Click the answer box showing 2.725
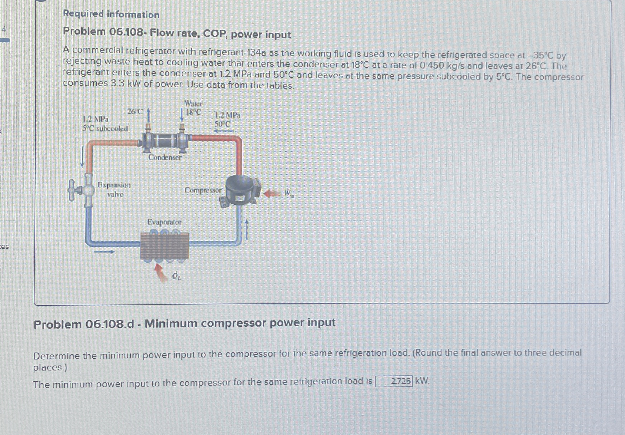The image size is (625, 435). [393, 381]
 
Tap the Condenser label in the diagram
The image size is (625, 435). [165, 157]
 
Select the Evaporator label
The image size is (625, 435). [164, 222]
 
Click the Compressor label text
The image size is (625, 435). [203, 190]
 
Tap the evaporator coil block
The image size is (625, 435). [164, 246]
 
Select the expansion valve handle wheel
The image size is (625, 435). [72, 190]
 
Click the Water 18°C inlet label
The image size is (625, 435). [193, 108]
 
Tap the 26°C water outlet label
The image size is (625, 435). [135, 112]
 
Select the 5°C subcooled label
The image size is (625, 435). [105, 129]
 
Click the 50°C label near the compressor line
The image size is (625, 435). [223, 124]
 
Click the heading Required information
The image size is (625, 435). [111, 14]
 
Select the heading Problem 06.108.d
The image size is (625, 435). [84, 324]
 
